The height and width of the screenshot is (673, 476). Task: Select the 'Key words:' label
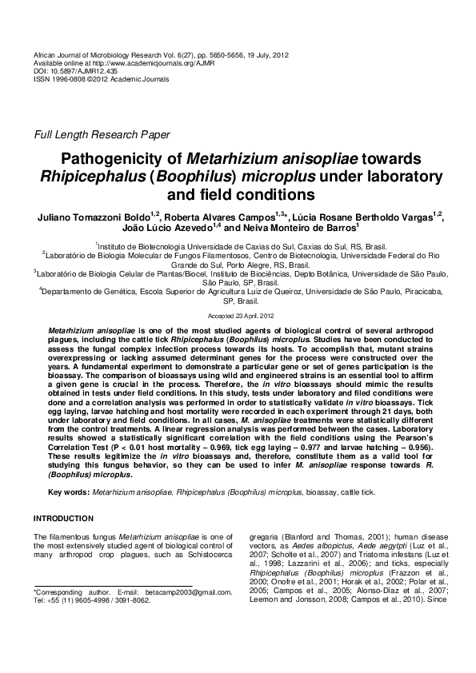point(69,493)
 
